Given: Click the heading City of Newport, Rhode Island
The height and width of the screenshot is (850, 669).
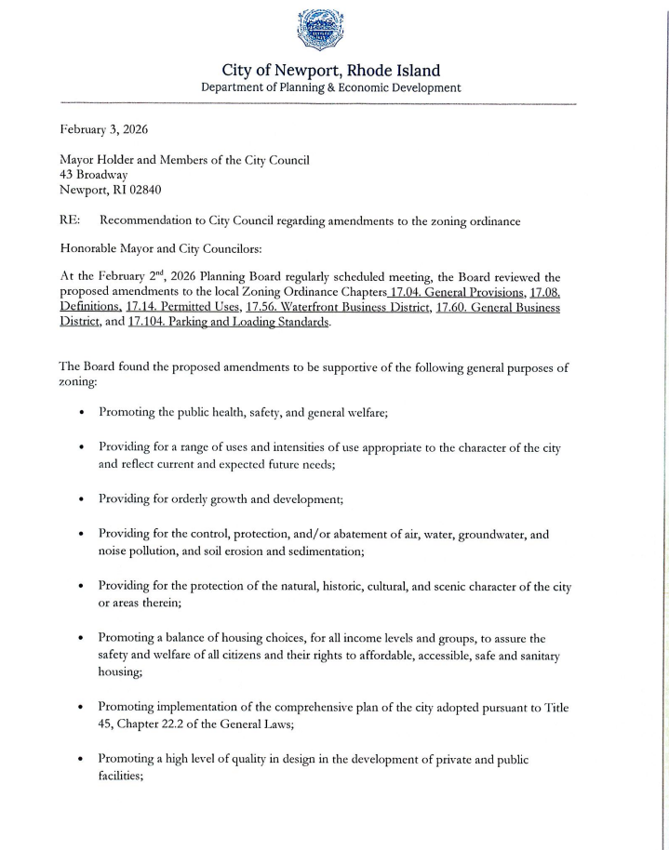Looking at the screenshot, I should click(331, 71).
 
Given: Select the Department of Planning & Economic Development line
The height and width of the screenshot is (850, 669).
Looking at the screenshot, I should click(331, 88).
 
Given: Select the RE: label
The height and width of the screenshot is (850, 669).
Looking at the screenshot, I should click(70, 220).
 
